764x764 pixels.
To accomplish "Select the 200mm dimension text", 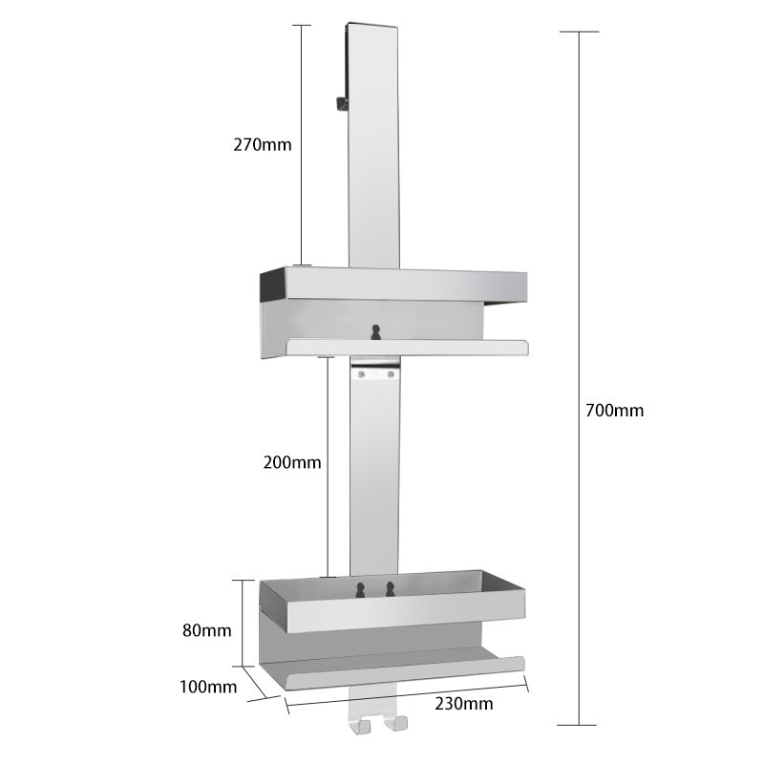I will coord(292,462).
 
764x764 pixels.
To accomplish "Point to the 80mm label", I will coord(207,630).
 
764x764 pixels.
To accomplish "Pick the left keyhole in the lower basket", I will coord(360,590).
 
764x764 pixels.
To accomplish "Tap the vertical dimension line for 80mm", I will coord(241,622).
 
